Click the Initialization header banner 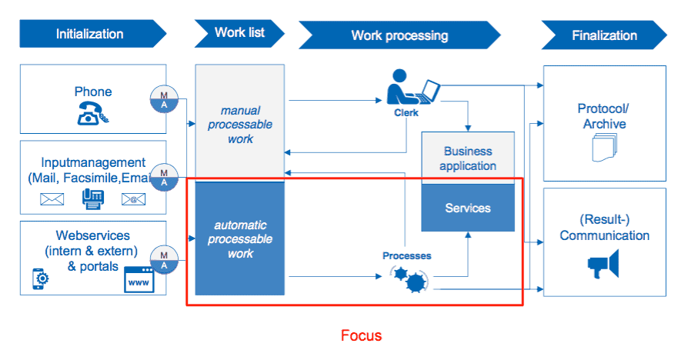pos(92,34)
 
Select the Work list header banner pos(239,33)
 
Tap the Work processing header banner pos(399,35)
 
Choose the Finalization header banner pos(604,35)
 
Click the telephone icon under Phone pos(92,113)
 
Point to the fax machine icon pos(93,199)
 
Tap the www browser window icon pos(139,279)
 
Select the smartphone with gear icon pos(40,279)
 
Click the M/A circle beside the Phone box pos(164,99)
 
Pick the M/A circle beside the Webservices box pos(164,260)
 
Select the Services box pos(468,208)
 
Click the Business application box pos(468,158)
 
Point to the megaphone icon pos(603,264)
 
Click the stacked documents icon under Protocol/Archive pos(604,148)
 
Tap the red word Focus pos(361,335)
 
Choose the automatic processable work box pos(239,238)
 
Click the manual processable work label pos(240,125)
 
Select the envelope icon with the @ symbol pos(133,199)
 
